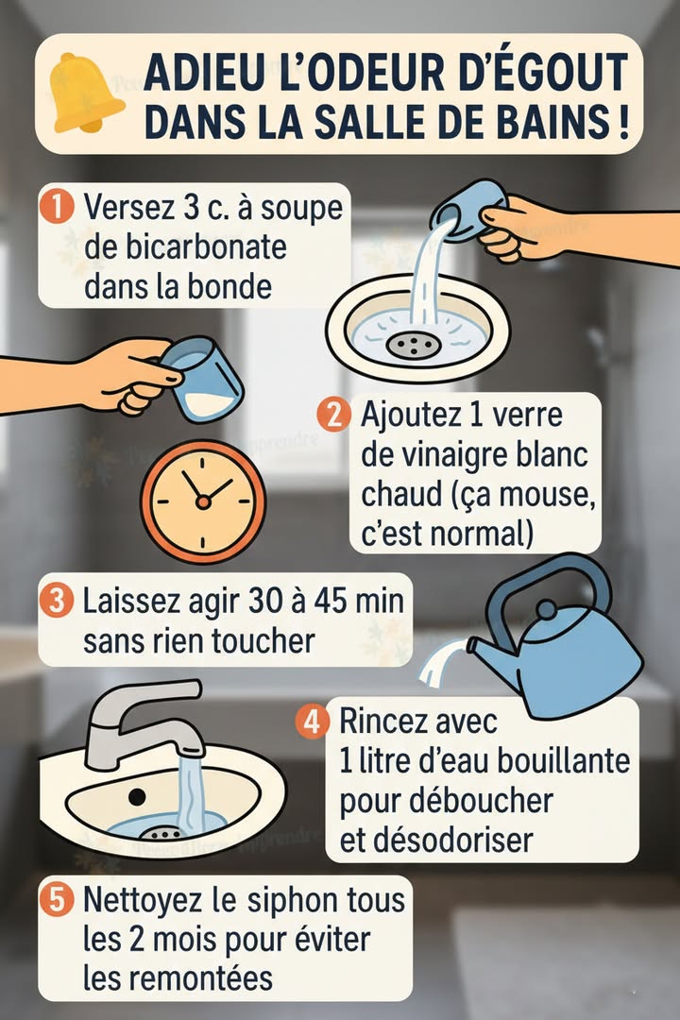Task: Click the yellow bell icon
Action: click(86, 93)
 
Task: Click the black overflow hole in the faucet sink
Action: click(137, 796)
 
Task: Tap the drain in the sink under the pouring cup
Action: click(413, 344)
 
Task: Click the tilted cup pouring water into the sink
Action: click(466, 212)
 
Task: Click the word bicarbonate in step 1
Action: click(185, 247)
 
